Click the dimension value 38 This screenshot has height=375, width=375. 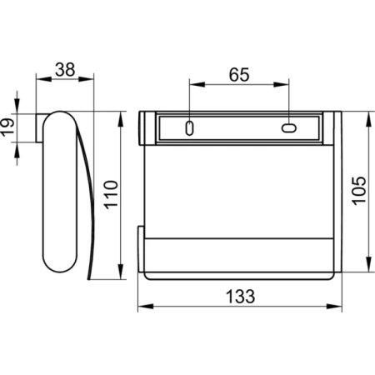tap(65, 70)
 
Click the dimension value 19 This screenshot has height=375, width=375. tap(7, 127)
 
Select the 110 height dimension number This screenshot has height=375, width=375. tap(111, 194)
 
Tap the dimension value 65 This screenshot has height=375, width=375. tap(239, 75)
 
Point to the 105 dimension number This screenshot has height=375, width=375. tap(359, 191)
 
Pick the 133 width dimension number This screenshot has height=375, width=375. tap(240, 296)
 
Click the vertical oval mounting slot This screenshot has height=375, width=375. tap(189, 128)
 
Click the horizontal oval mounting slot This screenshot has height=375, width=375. tap(289, 128)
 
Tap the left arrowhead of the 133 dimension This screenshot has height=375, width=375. tap(146, 307)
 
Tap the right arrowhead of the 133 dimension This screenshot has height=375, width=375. tap(334, 307)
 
